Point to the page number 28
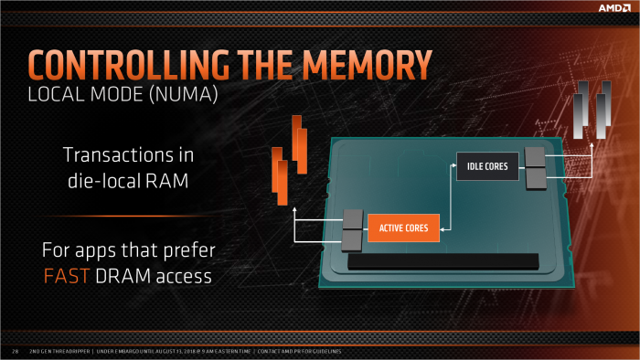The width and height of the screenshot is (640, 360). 15,350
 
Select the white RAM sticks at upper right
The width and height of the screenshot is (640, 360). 591,110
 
